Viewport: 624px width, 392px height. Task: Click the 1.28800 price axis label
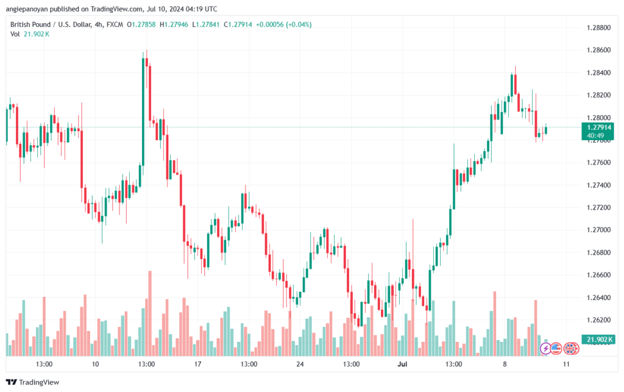pos(598,27)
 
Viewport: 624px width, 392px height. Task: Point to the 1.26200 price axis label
pos(598,319)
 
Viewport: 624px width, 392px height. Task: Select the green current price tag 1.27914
pos(598,127)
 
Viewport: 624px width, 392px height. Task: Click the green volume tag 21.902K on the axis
pos(598,340)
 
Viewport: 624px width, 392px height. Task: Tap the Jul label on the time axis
pos(402,364)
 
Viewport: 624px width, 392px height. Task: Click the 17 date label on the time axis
pos(197,364)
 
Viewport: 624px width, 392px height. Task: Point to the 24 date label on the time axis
pos(299,364)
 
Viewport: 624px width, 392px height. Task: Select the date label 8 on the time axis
pos(504,364)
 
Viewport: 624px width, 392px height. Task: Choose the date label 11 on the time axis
pos(566,364)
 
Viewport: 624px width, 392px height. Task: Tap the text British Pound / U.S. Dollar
pos(49,24)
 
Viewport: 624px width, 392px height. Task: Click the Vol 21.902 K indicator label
pos(30,34)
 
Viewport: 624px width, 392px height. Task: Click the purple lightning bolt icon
pos(547,348)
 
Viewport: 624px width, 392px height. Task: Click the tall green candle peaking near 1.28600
pos(143,110)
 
